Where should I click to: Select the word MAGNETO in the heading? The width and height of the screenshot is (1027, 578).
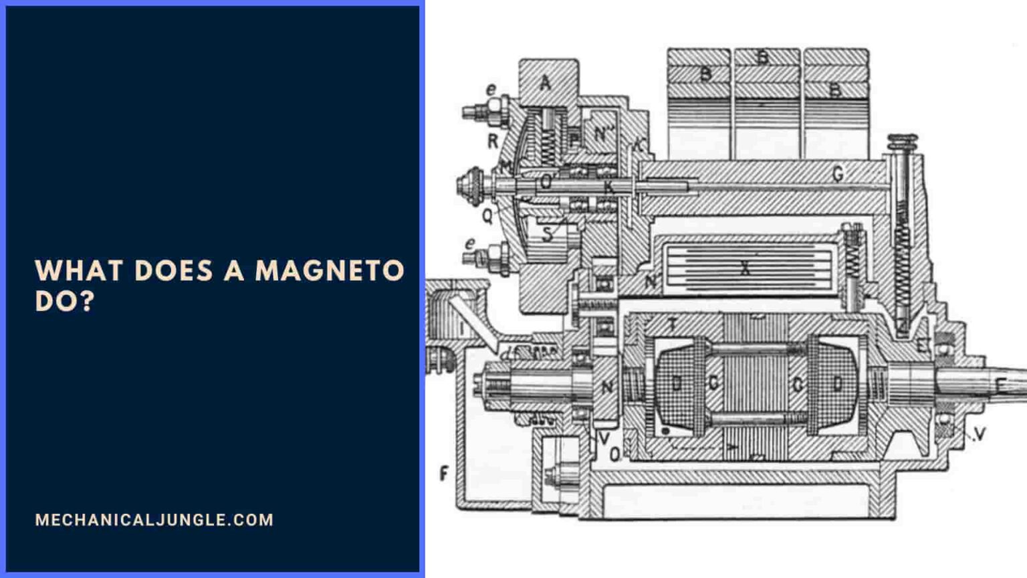point(330,271)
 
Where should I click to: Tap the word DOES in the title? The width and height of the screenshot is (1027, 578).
point(173,271)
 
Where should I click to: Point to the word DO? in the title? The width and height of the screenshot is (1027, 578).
point(65,302)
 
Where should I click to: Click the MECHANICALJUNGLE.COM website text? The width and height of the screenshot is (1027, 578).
point(154,520)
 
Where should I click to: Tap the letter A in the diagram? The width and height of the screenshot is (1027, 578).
point(546,83)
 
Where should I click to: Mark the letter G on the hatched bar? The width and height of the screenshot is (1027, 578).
point(838,175)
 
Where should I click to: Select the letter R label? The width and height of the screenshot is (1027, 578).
point(493,141)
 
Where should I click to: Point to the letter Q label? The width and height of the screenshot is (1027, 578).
point(487,215)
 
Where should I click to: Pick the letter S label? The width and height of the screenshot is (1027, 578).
point(548,234)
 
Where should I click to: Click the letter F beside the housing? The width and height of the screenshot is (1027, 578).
point(444,474)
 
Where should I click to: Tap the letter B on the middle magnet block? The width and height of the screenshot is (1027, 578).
point(763,58)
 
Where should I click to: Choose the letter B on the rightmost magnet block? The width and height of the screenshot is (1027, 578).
point(835,90)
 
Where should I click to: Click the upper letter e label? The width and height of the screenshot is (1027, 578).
point(491,89)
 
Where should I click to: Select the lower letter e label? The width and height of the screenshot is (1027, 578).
point(470,244)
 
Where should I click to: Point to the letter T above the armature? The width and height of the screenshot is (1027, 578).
point(672,324)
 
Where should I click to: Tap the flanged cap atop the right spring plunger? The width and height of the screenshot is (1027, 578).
point(902,141)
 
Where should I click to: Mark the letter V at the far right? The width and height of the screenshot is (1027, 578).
point(980,434)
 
